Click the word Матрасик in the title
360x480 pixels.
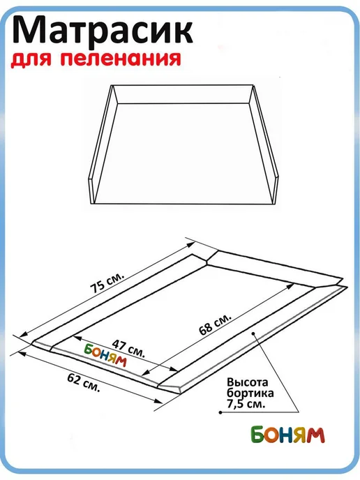tap(103, 31)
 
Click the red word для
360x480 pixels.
tap(31, 59)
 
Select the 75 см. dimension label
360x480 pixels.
tap(107, 283)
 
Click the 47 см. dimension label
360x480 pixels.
tap(128, 348)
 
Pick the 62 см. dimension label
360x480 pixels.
tap(84, 383)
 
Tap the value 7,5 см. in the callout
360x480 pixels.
tap(246, 403)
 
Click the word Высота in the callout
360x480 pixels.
tap(248, 382)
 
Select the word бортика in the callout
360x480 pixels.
tap(250, 393)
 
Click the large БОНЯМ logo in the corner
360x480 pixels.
tap(287, 435)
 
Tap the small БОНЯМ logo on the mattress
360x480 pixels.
tap(105, 355)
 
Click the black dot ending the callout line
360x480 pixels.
tap(220, 412)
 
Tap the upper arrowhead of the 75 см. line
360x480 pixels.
tap(190, 245)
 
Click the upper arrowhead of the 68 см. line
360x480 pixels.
tap(290, 286)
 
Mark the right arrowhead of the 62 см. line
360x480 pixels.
tap(158, 401)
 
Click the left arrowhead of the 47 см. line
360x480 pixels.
tap(77, 338)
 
